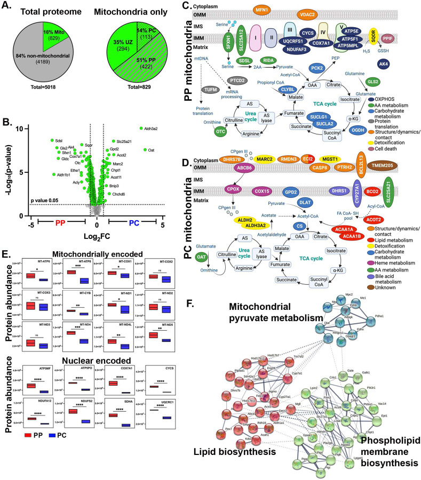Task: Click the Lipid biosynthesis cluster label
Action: pos(231,452)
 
